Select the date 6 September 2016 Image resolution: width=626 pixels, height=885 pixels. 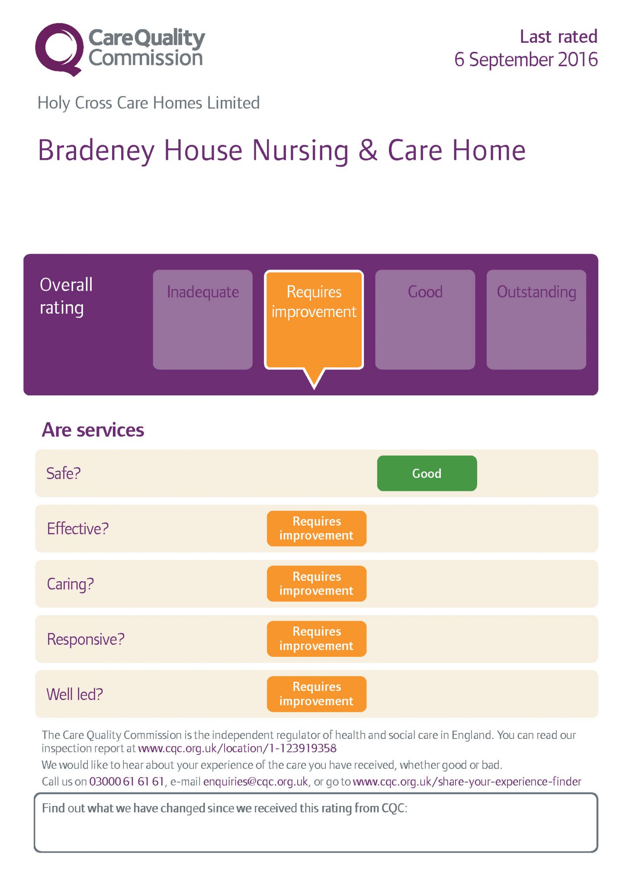526,60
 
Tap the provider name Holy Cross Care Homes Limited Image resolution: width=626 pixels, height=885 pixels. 148,103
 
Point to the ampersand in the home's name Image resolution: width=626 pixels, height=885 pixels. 368,150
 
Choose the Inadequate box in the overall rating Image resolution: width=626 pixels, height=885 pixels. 202,319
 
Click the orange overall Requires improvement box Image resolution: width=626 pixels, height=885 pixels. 314,320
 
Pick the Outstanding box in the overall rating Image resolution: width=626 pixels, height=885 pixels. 536,319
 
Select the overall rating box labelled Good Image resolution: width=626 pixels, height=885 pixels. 425,319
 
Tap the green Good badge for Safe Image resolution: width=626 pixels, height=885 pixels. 427,473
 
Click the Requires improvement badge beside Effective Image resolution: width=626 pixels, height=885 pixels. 317,528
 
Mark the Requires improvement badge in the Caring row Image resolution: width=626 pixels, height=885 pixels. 317,584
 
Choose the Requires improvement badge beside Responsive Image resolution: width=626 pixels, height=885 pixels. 317,639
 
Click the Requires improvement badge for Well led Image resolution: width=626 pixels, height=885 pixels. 317,694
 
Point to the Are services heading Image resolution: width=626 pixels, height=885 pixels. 93,430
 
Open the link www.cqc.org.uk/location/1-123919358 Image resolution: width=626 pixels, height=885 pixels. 237,748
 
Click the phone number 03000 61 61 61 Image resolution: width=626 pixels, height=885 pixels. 127,782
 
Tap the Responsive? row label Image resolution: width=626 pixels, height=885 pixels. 86,639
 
